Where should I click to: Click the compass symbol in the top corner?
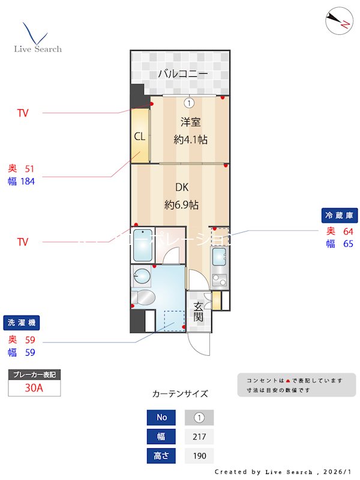tap(337, 21)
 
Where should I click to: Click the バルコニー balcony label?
tap(183, 74)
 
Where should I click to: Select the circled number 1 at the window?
tap(189, 102)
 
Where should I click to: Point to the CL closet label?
tap(139, 136)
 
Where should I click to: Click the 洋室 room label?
tap(190, 122)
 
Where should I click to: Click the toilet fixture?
tap(144, 297)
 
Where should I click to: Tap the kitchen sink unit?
tap(219, 259)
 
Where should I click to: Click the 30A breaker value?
tap(34, 388)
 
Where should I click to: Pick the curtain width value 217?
tap(199, 436)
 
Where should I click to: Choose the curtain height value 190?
tap(199, 456)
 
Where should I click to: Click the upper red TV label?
tap(23, 113)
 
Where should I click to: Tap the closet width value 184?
tap(28, 181)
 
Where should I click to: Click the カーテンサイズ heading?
tap(180, 394)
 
